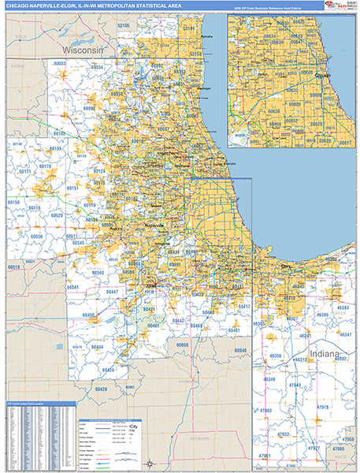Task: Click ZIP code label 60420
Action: tap(102, 389)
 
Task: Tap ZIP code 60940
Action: tap(241, 349)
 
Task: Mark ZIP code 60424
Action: tap(106, 370)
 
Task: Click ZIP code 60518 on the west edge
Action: tap(14, 268)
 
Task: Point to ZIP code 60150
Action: tap(14, 203)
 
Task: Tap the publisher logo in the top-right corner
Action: tap(340, 6)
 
